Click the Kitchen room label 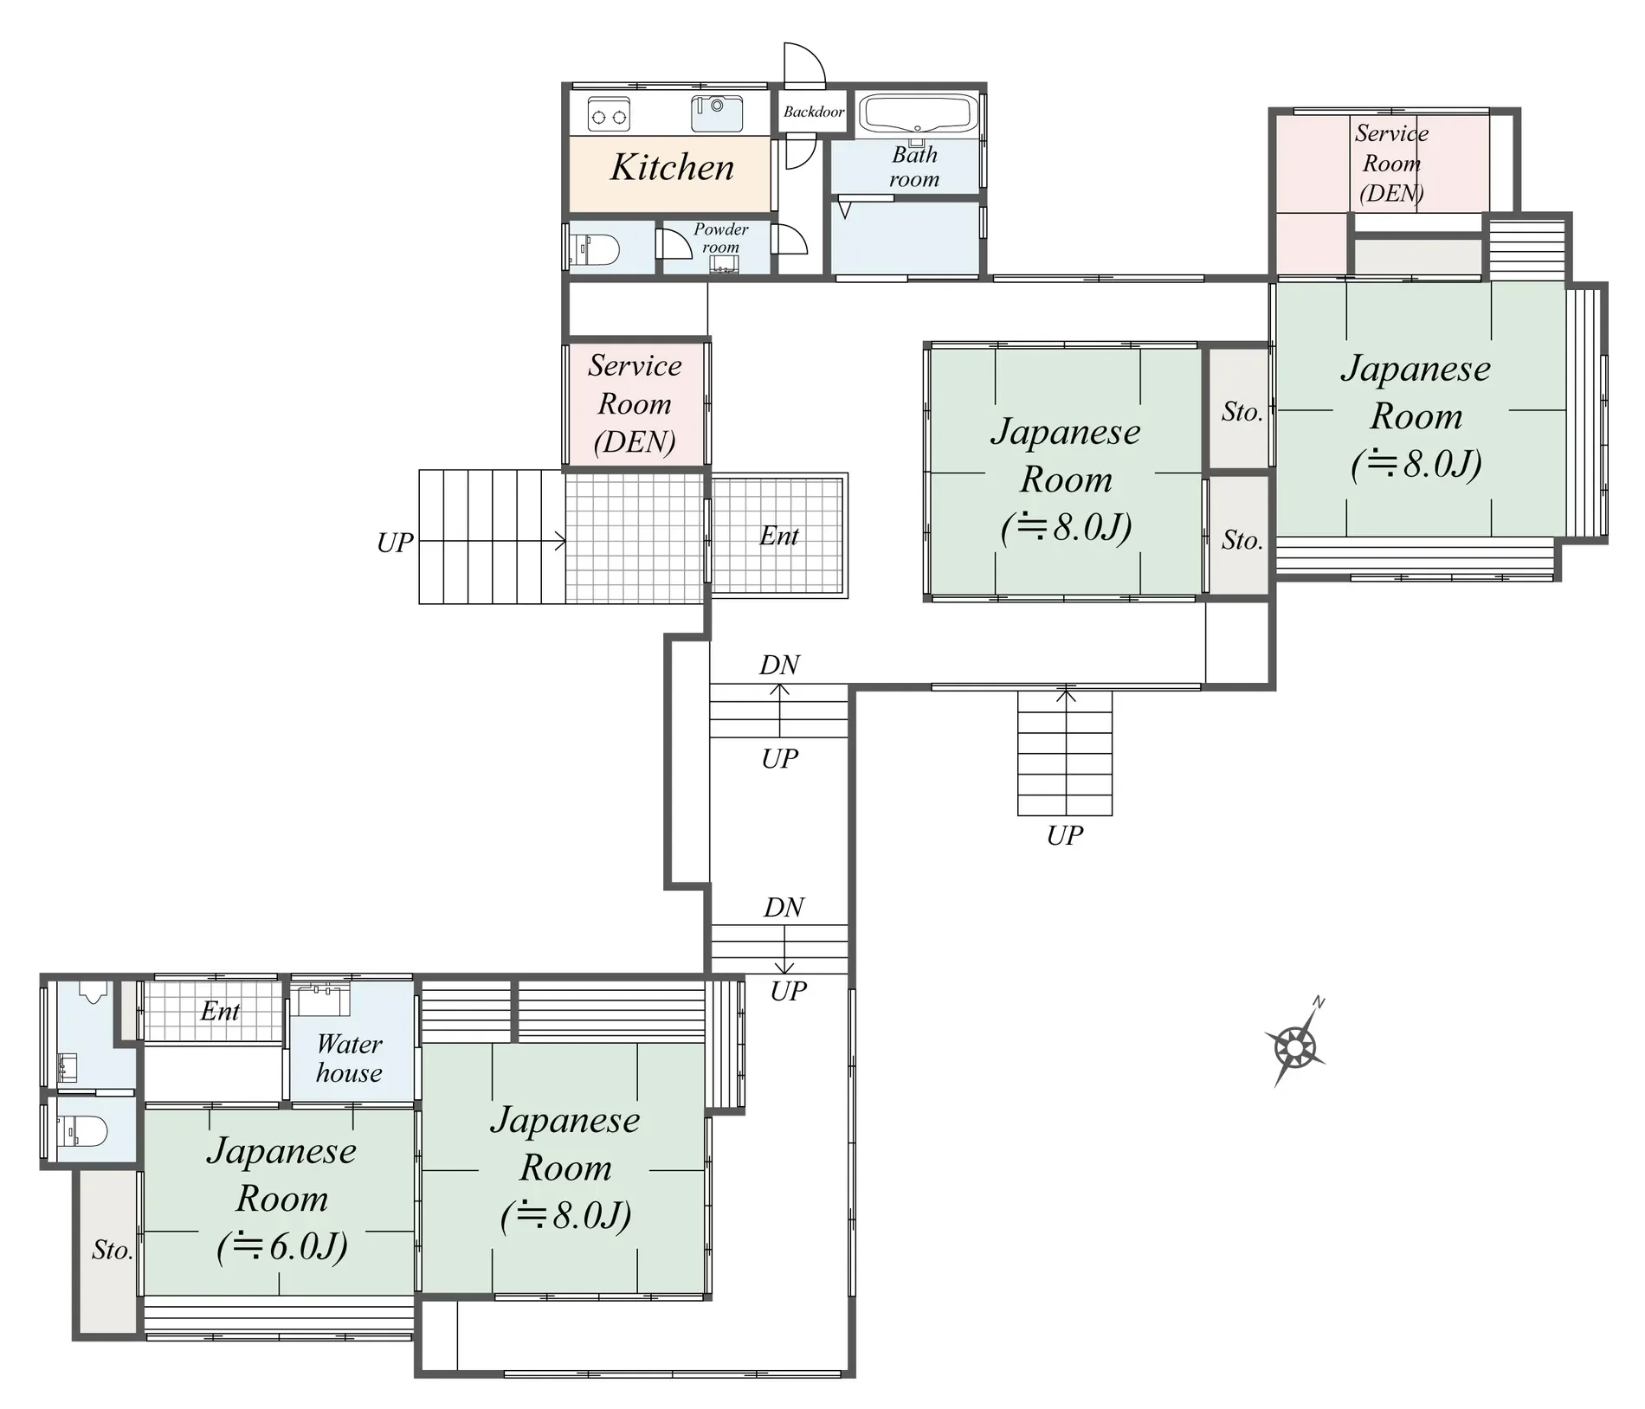click(672, 167)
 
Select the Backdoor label click(813, 112)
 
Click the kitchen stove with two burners click(609, 114)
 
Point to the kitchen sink click(717, 113)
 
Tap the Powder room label click(720, 238)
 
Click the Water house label click(349, 1058)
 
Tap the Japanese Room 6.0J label click(282, 1199)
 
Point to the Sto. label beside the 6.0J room click(113, 1250)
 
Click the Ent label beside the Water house click(220, 1011)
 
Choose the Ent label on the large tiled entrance click(778, 536)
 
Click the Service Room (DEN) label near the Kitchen click(635, 403)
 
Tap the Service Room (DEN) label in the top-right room click(1391, 163)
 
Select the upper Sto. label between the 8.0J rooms click(1242, 412)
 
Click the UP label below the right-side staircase click(1064, 836)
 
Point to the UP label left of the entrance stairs click(395, 543)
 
